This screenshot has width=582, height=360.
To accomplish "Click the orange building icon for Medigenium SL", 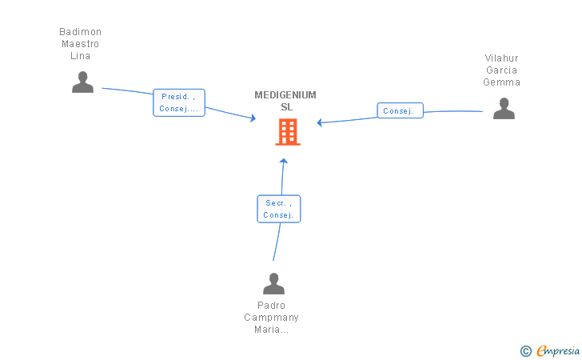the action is coord(288,132).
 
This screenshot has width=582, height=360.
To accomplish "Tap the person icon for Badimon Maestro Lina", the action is coord(83,82).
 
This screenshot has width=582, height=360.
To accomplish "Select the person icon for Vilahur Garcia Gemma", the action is coord(504,109).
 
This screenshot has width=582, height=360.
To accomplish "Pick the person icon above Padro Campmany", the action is coord(273,283).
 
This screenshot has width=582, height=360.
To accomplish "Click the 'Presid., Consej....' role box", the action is coord(179,102).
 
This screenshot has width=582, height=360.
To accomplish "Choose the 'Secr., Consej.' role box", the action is coord(279,209).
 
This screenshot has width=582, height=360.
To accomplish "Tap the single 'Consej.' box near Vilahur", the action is coord(400,110).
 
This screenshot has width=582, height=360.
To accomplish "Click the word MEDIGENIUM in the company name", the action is coord(285,95).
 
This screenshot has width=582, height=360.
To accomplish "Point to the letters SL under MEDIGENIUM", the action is coord(286,107).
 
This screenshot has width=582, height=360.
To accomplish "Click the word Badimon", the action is coord(80,32).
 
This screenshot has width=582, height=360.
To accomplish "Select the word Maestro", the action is coord(80,44).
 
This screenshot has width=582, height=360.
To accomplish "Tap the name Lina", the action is coord(80,56).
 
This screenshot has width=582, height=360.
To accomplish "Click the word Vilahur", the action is coord(501,58).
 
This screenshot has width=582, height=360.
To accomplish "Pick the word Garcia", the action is coord(501,70).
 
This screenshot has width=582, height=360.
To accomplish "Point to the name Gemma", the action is coord(501,82).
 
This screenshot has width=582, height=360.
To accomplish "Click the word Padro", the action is coord(271,306).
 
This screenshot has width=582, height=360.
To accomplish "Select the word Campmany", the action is coord(271,318).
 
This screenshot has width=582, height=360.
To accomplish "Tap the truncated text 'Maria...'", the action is coord(271,330).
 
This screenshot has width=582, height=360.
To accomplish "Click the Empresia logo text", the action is coord(558,350).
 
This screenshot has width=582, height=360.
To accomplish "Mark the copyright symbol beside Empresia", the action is coord(526,351).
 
